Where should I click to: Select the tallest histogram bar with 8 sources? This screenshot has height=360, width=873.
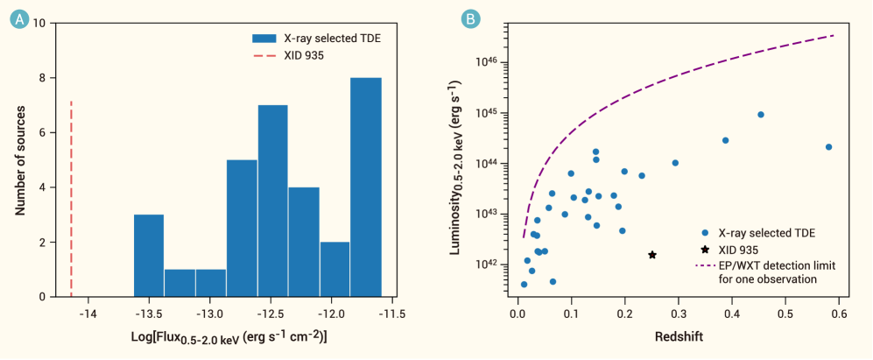365,187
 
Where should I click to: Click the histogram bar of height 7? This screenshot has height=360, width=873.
273,201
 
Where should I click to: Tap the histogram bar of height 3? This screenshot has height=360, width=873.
149,255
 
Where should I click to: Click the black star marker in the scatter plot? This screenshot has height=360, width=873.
652,255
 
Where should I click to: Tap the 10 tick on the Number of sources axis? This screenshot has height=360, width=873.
40,24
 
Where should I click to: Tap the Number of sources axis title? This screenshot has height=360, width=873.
20,161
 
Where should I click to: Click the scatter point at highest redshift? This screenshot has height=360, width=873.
828,147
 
